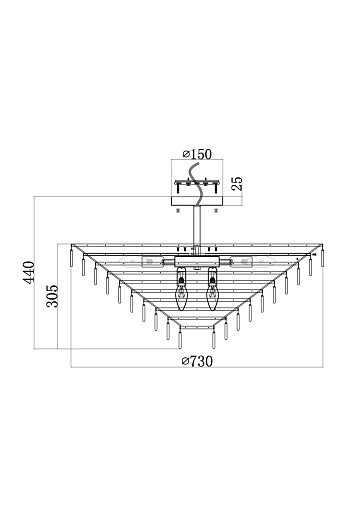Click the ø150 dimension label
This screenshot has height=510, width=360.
(197, 154)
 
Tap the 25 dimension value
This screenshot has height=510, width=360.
(237, 184)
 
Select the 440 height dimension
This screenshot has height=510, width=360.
(29, 272)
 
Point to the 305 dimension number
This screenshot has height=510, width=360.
(52, 296)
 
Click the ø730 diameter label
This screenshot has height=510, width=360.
(197, 361)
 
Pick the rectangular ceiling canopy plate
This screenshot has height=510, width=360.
(197, 201)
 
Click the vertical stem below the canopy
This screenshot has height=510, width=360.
(197, 226)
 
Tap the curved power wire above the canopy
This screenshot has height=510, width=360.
(195, 185)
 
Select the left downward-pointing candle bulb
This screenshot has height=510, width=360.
(181, 287)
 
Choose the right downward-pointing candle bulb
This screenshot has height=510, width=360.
(212, 287)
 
